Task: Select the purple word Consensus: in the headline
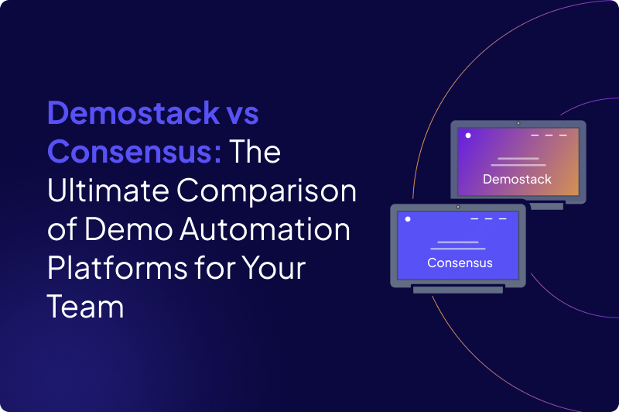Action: click(135, 153)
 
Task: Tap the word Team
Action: click(85, 307)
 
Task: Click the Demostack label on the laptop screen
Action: click(517, 180)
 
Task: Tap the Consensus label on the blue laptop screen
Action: click(460, 263)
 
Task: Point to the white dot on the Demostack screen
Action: click(468, 136)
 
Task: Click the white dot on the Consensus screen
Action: click(408, 219)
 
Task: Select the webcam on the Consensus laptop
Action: click(458, 207)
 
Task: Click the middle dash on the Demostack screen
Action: click(549, 136)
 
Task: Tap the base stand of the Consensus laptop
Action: click(457, 290)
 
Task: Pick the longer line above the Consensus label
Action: click(457, 249)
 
